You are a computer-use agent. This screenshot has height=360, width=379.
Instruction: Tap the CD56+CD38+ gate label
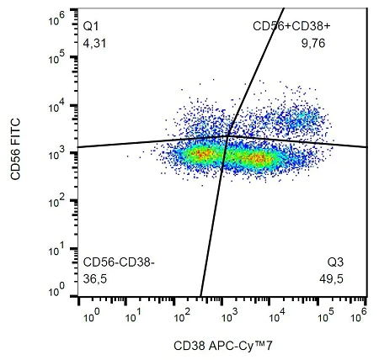(x=286, y=27)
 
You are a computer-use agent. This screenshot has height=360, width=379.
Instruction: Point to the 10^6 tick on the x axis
(x=364, y=314)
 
